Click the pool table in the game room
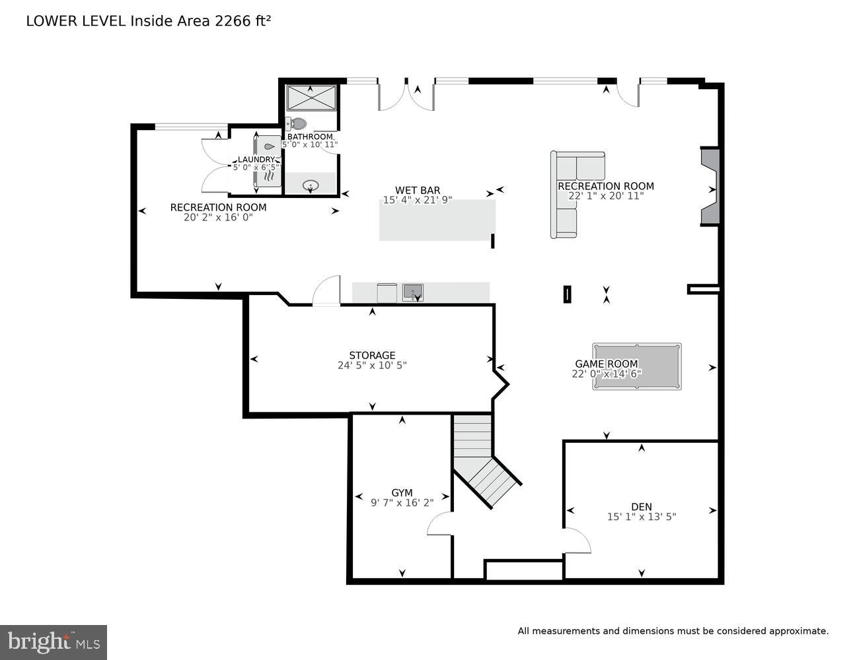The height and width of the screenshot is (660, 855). pyautogui.click(x=636, y=366)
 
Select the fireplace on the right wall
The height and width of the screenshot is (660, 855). pyautogui.click(x=710, y=187)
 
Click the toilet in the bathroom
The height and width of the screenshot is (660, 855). pyautogui.click(x=298, y=123)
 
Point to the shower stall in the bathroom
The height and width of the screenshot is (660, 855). pyautogui.click(x=311, y=98)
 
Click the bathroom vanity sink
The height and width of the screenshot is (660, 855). pyautogui.click(x=311, y=185)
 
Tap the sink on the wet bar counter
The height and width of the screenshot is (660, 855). pyautogui.click(x=412, y=291)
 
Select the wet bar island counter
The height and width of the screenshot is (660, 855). pyautogui.click(x=437, y=220)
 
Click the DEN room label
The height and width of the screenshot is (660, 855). pyautogui.click(x=641, y=507)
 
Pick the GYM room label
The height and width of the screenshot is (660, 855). pyautogui.click(x=402, y=492)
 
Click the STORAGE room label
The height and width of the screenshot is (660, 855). pyautogui.click(x=372, y=355)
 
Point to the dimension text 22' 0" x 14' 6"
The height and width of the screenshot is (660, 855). pyautogui.click(x=606, y=374)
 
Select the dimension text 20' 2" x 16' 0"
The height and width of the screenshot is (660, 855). pyautogui.click(x=218, y=216)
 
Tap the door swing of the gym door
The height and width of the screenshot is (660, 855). pyautogui.click(x=439, y=525)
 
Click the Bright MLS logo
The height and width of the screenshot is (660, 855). pyautogui.click(x=53, y=642)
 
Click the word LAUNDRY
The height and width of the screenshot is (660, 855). pyautogui.click(x=256, y=160)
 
